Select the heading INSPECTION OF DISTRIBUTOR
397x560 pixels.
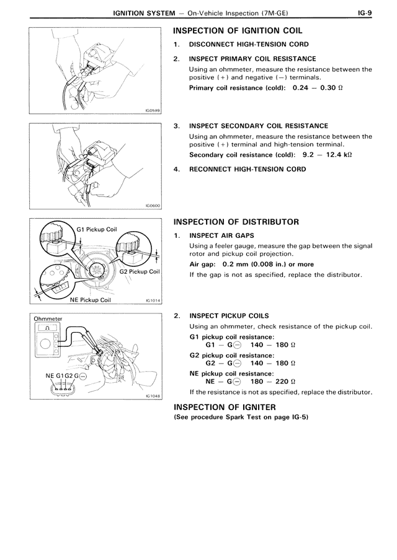pos(236,222)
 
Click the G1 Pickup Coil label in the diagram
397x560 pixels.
pos(96,229)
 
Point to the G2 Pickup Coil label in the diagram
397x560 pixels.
pos(140,271)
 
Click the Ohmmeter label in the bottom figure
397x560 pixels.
pos(48,318)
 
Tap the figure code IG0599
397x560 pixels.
pos(152,111)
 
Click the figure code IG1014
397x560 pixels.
pos(152,300)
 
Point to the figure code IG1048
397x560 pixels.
pos(152,396)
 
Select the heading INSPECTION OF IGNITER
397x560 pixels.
pos(225,407)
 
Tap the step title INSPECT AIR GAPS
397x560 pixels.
pos(221,235)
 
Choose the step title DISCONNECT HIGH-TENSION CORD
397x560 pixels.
pos(248,45)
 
